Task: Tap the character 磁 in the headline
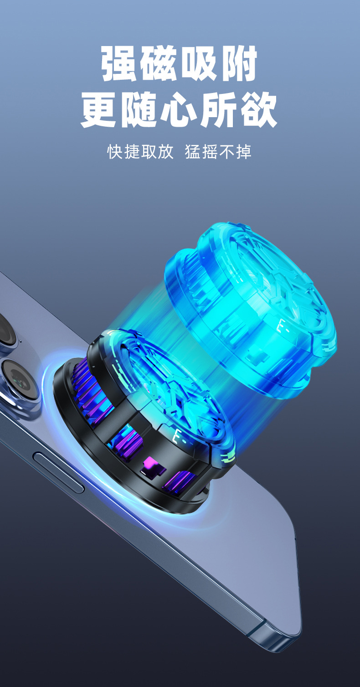[159, 63]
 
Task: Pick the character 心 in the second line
[180, 109]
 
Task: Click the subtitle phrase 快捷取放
[140, 151]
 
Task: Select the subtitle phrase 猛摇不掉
[218, 151]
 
